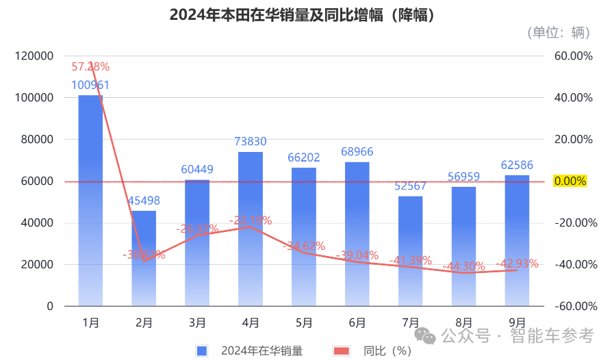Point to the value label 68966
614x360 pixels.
(357, 152)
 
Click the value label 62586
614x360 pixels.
(517, 165)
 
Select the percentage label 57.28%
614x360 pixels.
(90, 66)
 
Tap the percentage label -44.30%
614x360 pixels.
(463, 266)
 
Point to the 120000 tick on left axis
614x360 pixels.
(34, 56)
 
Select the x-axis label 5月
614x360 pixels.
(304, 322)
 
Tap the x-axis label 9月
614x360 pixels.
(517, 322)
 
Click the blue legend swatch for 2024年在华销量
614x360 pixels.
(202, 351)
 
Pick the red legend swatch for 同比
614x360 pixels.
(340, 351)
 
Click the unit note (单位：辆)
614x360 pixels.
(559, 32)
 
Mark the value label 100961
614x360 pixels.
(90, 86)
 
